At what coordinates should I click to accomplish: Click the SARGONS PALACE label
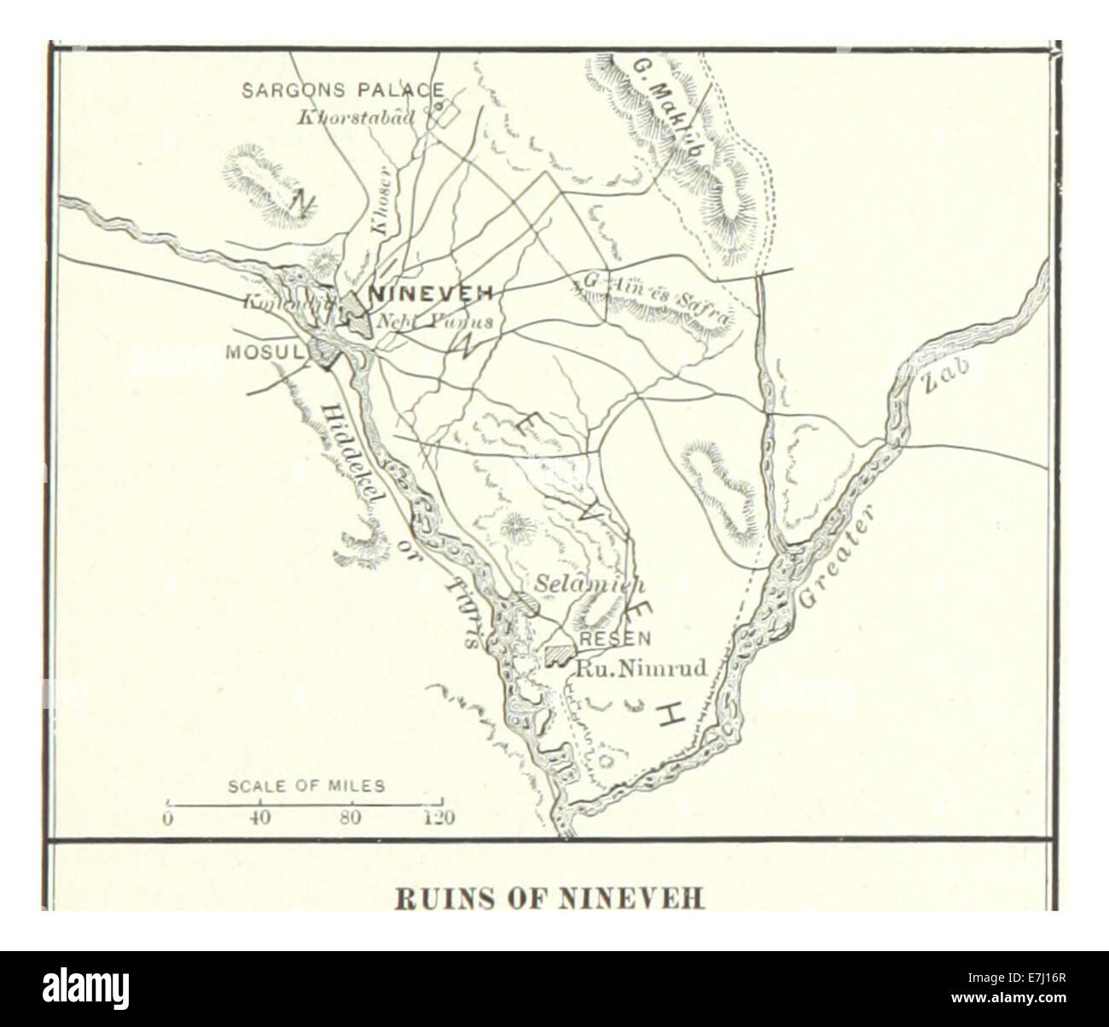click(x=343, y=90)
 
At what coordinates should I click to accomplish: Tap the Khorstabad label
click(x=356, y=118)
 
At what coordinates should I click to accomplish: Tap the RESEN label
click(x=614, y=638)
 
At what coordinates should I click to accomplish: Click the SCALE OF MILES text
click(x=306, y=786)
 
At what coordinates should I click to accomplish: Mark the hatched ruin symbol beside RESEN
click(x=559, y=653)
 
